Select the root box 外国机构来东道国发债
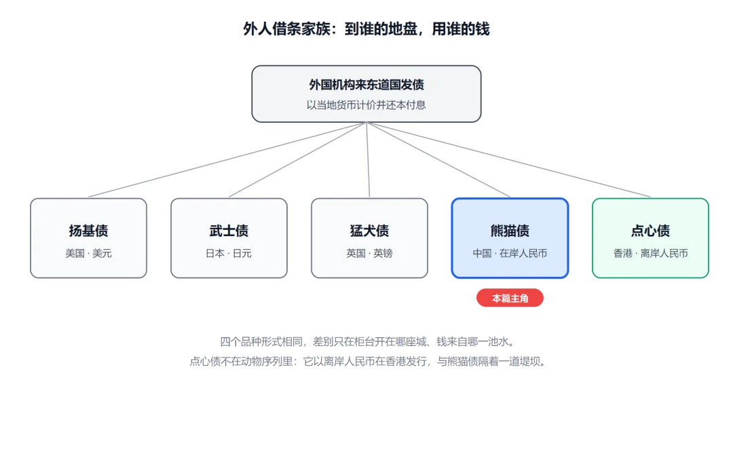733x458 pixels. click(x=366, y=94)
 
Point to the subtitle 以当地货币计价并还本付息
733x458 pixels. click(x=366, y=105)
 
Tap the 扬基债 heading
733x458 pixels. click(x=88, y=231)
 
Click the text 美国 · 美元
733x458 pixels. click(x=88, y=253)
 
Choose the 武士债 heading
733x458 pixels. click(x=229, y=231)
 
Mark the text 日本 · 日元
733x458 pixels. click(x=229, y=253)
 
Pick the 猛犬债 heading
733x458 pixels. click(x=369, y=231)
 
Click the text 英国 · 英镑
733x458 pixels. click(x=369, y=253)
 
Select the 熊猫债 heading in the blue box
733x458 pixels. click(x=510, y=231)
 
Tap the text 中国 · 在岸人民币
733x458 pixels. click(x=510, y=253)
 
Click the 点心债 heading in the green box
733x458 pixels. click(x=650, y=231)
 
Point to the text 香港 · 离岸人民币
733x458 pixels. click(x=650, y=253)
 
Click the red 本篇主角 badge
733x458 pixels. click(x=510, y=298)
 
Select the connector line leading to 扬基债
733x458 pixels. click(x=227, y=160)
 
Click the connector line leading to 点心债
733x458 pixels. click(x=508, y=160)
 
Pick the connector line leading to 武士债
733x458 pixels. click(x=297, y=160)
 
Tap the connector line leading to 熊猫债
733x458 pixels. click(x=438, y=160)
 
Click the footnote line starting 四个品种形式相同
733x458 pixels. click(x=367, y=341)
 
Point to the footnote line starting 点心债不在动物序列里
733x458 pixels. click(x=367, y=361)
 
